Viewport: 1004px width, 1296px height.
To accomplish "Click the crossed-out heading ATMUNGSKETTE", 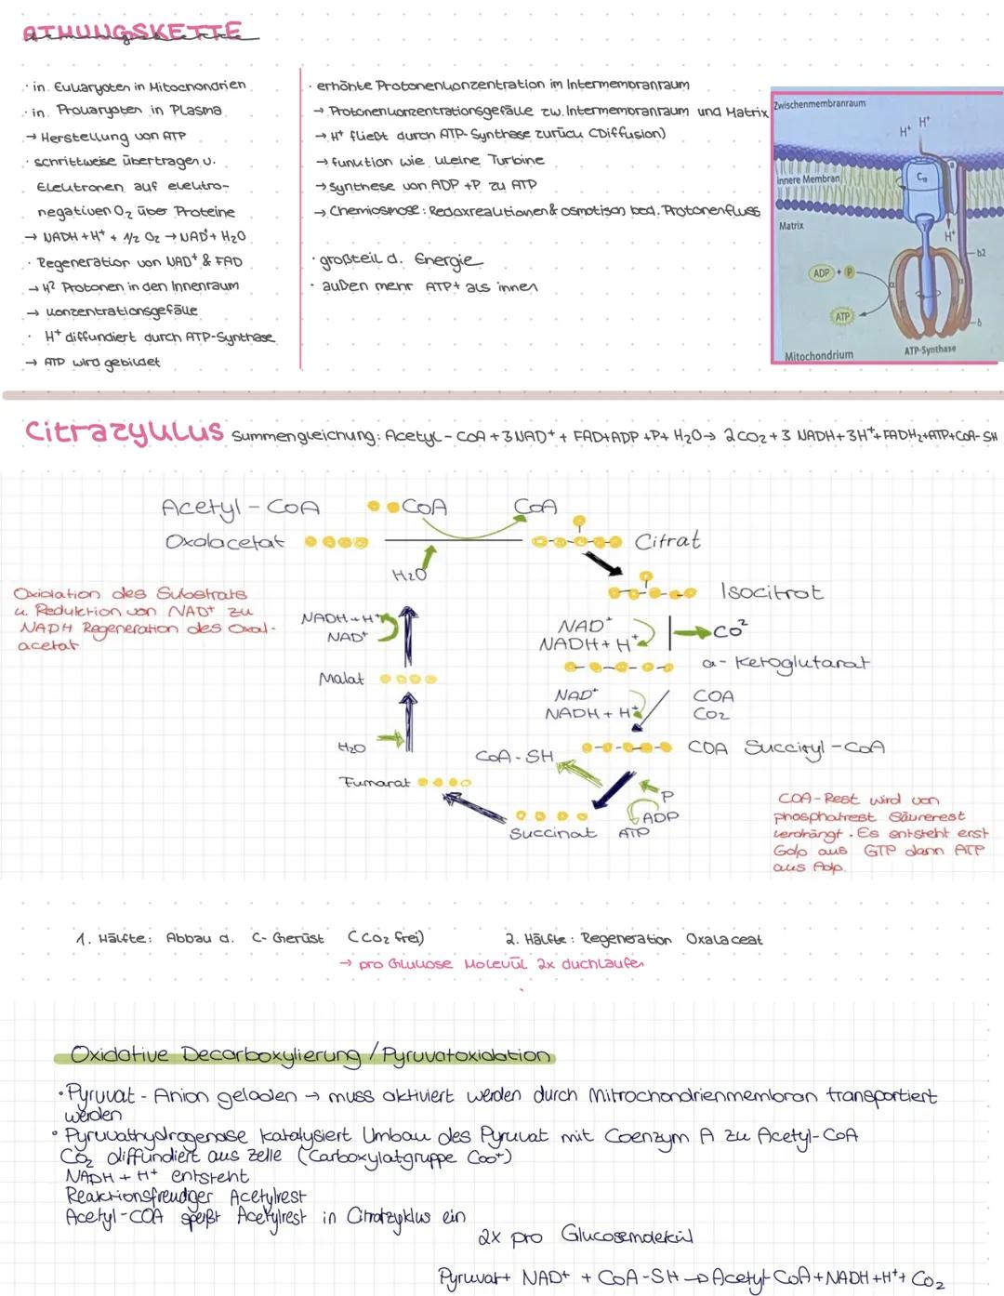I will click(132, 33).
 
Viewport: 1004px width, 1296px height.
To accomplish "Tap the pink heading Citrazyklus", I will click(124, 431).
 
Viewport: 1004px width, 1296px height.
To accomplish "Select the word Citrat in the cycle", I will click(667, 541).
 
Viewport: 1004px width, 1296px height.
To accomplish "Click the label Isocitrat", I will click(772, 592).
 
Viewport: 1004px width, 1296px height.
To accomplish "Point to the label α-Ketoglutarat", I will click(786, 663).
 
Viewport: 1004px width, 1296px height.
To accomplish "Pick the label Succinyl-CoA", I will click(814, 748).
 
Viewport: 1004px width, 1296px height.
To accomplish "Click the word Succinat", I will click(552, 833).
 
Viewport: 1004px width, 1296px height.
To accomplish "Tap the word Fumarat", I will click(375, 783).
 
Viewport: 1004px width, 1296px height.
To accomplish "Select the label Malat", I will click(341, 680).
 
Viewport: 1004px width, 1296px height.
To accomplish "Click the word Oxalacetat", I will click(225, 542).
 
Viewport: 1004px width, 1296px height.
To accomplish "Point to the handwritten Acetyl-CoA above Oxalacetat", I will click(240, 508).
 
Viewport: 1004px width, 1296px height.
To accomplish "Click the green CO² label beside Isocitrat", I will click(731, 631).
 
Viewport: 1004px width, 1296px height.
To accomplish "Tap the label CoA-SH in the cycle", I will click(514, 757).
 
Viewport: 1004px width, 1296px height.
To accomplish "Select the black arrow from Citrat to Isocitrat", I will click(603, 562).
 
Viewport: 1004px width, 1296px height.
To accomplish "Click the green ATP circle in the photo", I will click(842, 317).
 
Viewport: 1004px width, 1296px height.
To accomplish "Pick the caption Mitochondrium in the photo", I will click(819, 355).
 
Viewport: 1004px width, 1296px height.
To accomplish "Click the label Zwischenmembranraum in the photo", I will click(819, 104).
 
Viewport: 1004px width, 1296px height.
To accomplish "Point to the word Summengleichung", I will click(305, 435).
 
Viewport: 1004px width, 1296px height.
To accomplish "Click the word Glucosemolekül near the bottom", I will click(627, 1236).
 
